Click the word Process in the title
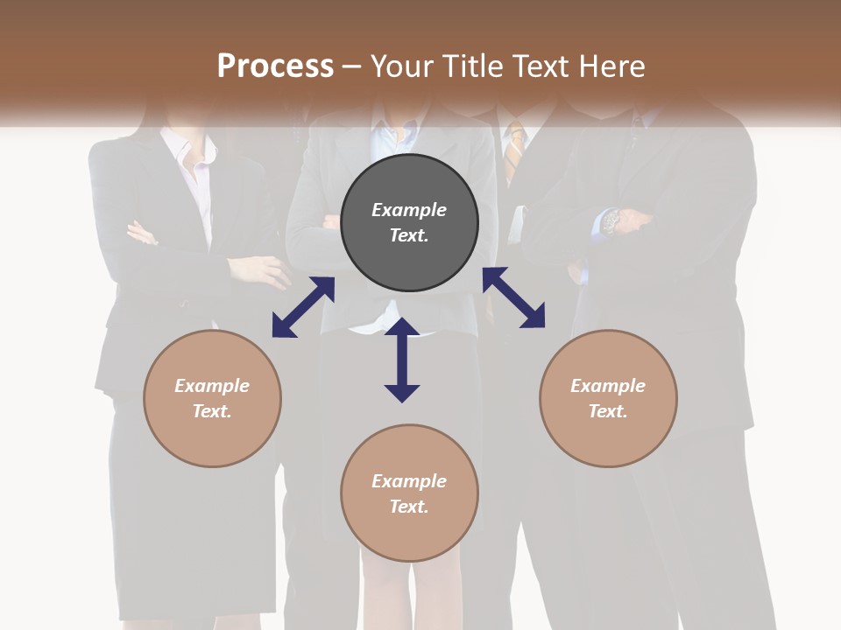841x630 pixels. (x=275, y=66)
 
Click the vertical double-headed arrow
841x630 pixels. (x=402, y=360)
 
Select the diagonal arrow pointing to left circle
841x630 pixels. (x=303, y=307)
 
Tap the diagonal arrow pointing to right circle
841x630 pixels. (x=513, y=297)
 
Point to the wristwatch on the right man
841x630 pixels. (x=611, y=220)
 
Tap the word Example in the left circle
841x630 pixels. (x=212, y=386)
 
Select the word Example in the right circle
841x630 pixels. (x=608, y=386)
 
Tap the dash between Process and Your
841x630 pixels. (x=352, y=66)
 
